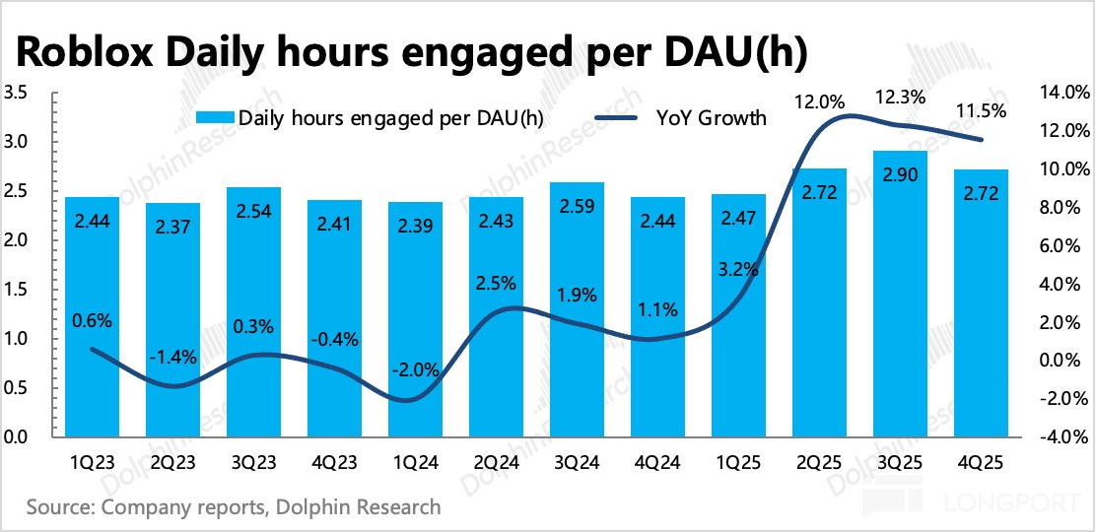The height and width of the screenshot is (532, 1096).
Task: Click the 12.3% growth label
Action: click(900, 98)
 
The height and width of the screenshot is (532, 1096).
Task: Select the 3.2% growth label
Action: click(737, 266)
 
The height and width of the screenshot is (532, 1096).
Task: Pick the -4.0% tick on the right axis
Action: click(1063, 436)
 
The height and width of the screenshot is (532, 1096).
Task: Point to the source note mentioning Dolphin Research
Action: click(234, 508)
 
